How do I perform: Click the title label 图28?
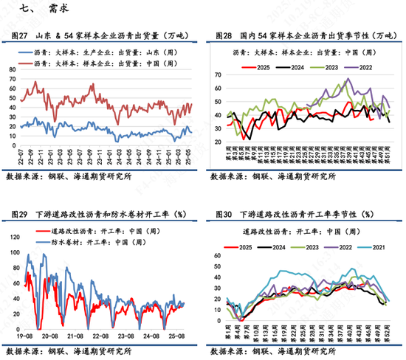pyautogui.click(x=224, y=35)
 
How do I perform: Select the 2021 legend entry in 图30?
pyautogui.click(x=380, y=246)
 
